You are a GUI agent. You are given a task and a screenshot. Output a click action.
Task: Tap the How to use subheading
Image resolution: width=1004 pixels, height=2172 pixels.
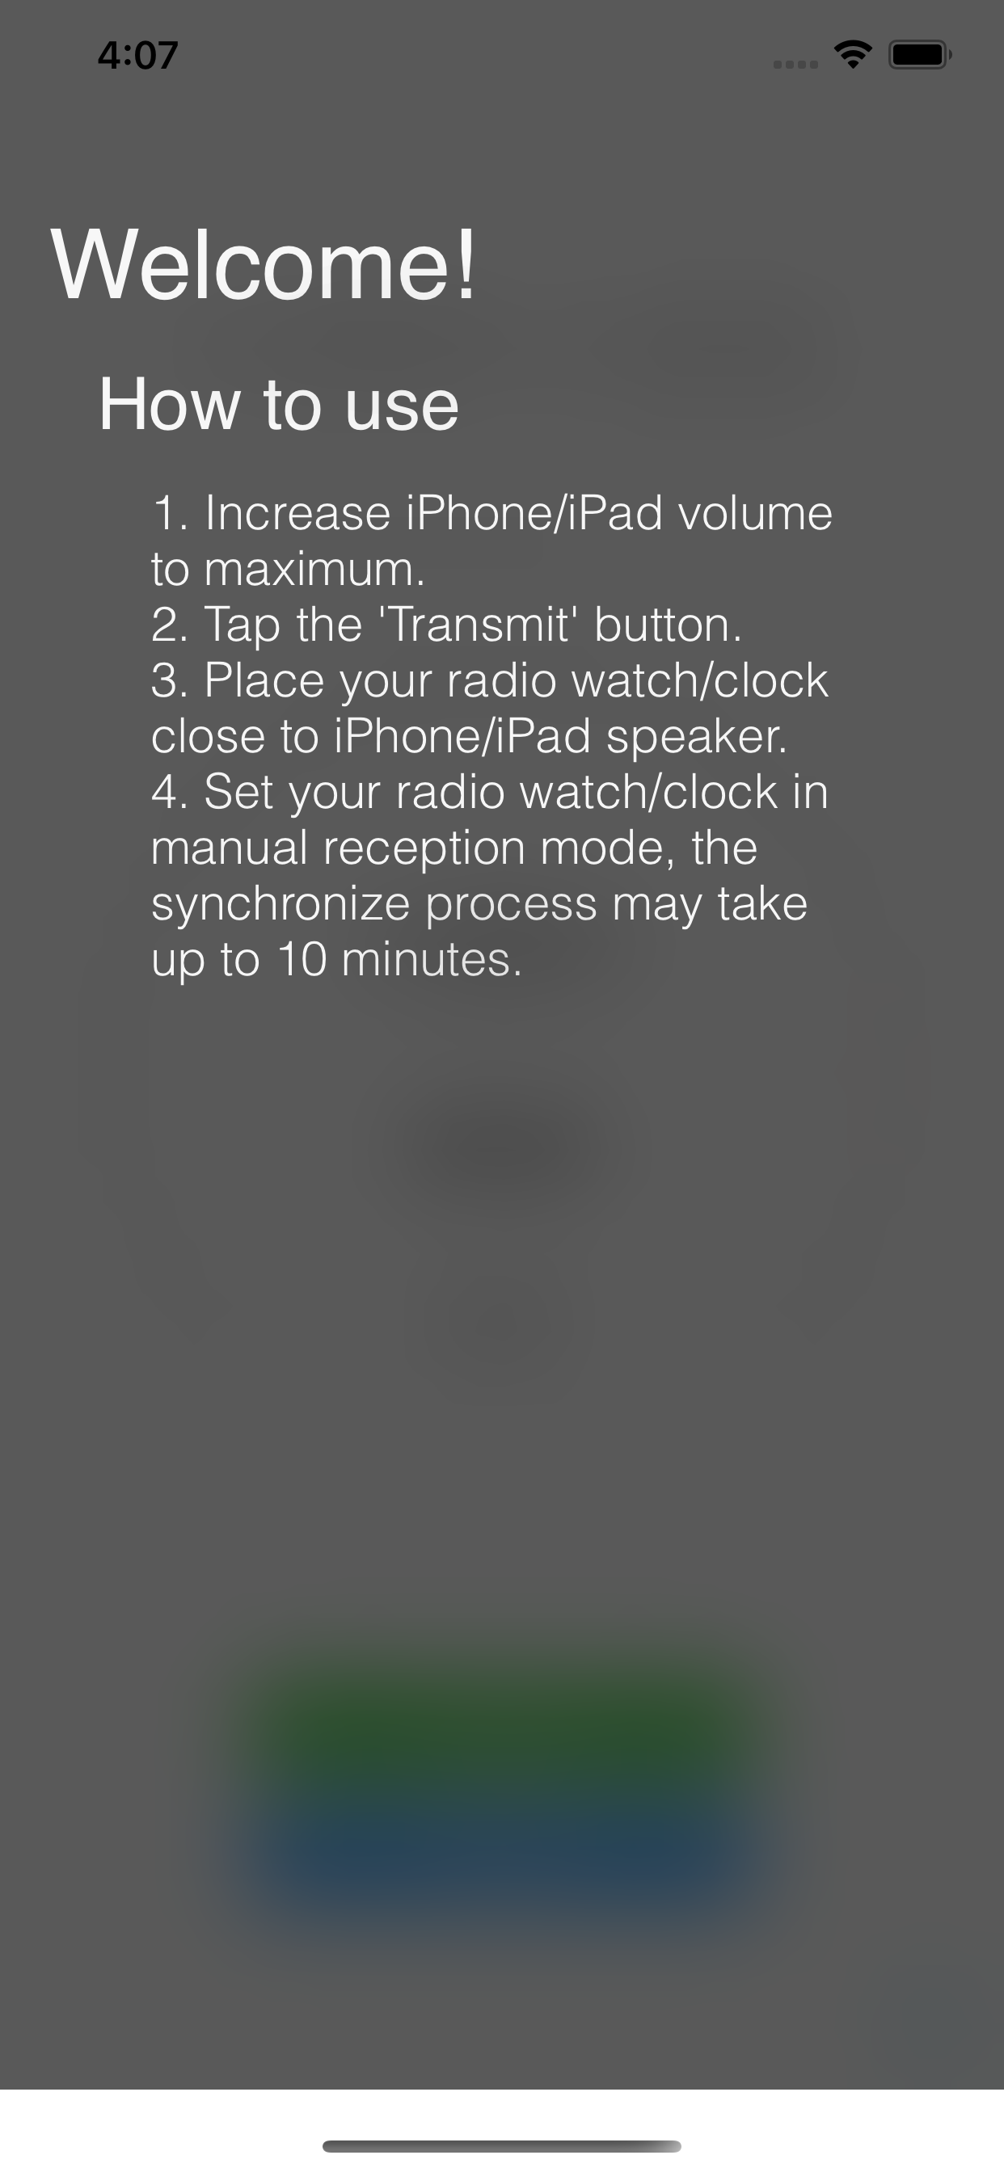pos(278,405)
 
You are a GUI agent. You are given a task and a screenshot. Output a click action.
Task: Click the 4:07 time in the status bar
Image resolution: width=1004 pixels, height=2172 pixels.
pos(137,56)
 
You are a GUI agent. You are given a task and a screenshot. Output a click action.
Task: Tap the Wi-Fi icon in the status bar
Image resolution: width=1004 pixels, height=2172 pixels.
pos(853,55)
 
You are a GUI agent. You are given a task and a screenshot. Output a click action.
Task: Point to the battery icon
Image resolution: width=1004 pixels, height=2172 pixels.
pos(919,55)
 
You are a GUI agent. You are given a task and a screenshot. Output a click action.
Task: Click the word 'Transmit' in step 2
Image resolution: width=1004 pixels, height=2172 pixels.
pos(479,625)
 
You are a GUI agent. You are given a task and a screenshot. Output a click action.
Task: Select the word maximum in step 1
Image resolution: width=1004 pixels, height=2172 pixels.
pos(313,569)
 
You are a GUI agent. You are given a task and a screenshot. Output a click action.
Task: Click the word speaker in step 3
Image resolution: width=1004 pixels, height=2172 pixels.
pos(696,736)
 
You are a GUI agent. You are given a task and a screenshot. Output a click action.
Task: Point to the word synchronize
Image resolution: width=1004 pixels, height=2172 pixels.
pos(281,905)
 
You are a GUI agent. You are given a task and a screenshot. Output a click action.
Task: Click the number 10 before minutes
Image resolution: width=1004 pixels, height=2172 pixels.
pos(302,959)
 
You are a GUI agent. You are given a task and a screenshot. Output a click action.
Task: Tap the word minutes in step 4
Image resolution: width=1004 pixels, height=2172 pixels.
pos(431,959)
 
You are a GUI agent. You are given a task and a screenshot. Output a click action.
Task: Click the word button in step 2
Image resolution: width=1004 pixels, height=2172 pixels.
pos(668,625)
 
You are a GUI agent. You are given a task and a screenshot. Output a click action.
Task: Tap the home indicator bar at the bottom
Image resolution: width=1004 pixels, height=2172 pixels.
pos(502,2146)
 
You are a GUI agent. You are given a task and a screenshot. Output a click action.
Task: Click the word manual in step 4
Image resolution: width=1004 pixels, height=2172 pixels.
pos(229,848)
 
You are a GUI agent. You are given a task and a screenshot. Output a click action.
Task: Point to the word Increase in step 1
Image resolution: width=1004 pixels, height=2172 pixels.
pos(297,513)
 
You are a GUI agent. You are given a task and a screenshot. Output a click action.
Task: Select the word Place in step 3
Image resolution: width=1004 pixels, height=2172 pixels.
pos(264,680)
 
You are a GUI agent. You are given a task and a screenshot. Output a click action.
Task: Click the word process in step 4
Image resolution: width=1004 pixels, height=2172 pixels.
pos(511,905)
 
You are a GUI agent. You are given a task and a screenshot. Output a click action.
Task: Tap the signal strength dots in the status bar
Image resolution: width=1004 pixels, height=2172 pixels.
pos(795,64)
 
